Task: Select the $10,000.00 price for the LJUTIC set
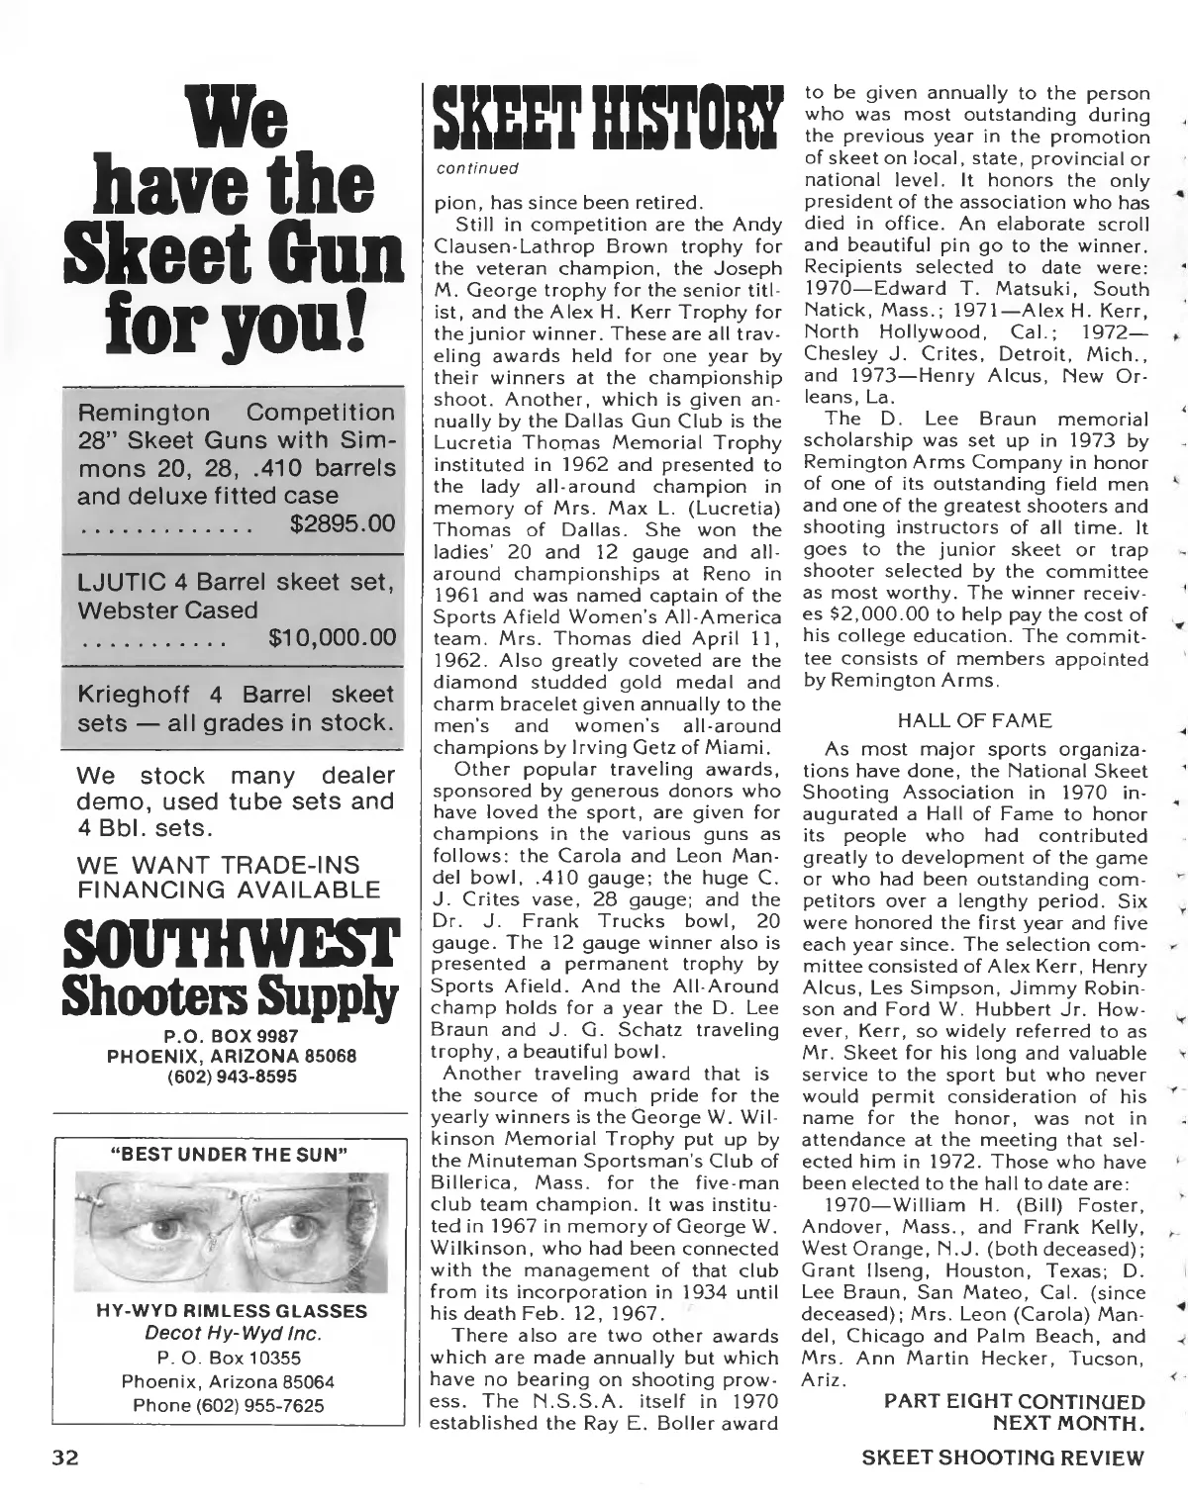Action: point(332,638)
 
